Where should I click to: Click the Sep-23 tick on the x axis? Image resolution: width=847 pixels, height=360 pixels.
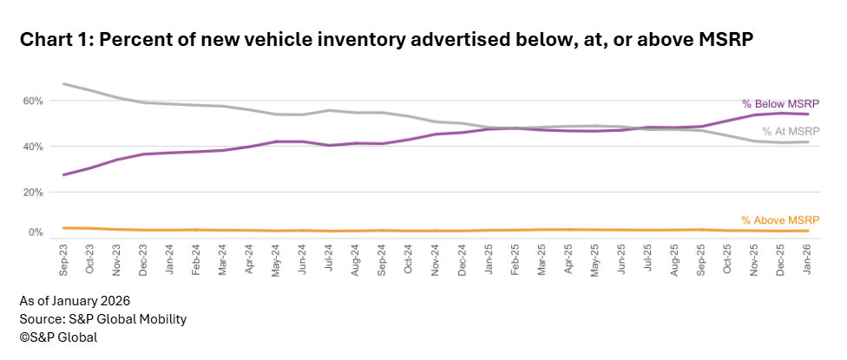64,259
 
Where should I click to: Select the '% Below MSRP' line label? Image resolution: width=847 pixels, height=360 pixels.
780,102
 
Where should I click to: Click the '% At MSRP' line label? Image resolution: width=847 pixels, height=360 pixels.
791,131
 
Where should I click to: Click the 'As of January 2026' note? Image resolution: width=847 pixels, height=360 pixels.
76,301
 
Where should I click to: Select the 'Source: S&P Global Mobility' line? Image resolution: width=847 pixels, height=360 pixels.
103,319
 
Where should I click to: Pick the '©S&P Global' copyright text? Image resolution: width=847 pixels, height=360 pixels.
58,337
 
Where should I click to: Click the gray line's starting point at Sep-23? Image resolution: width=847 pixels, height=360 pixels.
65,83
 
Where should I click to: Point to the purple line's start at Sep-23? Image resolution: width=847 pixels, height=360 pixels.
65,174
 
